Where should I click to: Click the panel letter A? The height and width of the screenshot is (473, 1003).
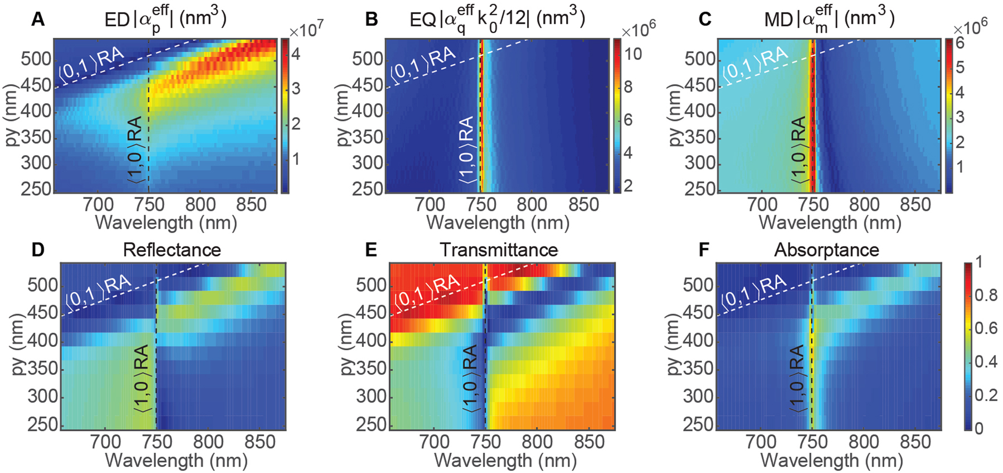tap(37, 20)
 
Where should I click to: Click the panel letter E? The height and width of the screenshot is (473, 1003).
tap(371, 250)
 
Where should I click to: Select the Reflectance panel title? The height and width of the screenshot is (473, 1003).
tap(172, 250)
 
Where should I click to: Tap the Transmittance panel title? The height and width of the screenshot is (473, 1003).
tap(499, 250)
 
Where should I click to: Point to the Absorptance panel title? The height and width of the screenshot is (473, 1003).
tap(826, 250)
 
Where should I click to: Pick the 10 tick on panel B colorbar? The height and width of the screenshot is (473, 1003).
tap(634, 54)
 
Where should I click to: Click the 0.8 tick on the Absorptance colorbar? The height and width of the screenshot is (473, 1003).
tap(986, 295)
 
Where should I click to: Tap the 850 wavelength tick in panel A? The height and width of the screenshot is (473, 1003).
tap(251, 205)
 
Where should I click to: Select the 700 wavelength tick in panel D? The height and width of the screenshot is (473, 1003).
tap(105, 442)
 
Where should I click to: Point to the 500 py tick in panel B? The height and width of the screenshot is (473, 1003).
tap(368, 59)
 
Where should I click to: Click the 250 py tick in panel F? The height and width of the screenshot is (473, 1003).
tap(698, 424)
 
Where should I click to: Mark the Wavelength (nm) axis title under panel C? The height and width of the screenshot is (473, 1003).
tap(830, 223)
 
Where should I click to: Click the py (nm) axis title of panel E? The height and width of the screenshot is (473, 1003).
tap(347, 345)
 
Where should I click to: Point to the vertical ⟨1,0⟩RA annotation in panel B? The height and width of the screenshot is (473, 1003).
tap(467, 149)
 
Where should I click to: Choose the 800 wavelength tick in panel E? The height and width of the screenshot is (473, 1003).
tap(537, 442)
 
